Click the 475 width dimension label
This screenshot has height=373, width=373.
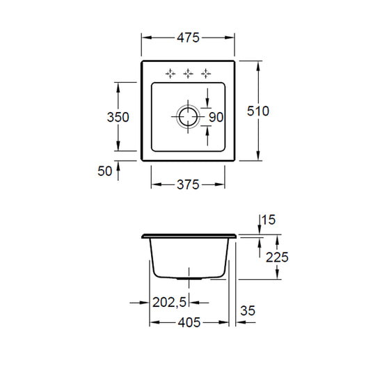(188, 38)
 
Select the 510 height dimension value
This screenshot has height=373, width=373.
(258, 111)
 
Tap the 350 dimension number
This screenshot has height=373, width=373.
(118, 117)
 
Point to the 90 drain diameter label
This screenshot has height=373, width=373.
(216, 117)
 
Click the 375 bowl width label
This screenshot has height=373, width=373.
(188, 184)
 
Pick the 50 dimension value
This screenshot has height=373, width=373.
(104, 170)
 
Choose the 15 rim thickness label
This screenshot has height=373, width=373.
(269, 220)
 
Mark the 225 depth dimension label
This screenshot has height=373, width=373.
(277, 257)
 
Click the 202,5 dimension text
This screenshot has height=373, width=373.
(169, 302)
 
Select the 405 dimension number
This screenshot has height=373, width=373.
(189, 323)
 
